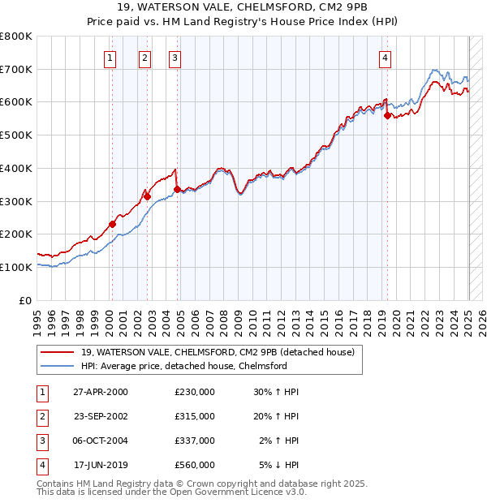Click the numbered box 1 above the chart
point(110,57)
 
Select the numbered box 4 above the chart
point(384,57)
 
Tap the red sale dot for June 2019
point(387,115)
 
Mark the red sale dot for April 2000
point(112,224)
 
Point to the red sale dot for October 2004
point(177,189)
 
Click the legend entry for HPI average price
point(184,366)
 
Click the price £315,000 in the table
point(194,415)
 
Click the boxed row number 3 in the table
point(41,441)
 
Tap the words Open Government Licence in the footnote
point(235,492)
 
